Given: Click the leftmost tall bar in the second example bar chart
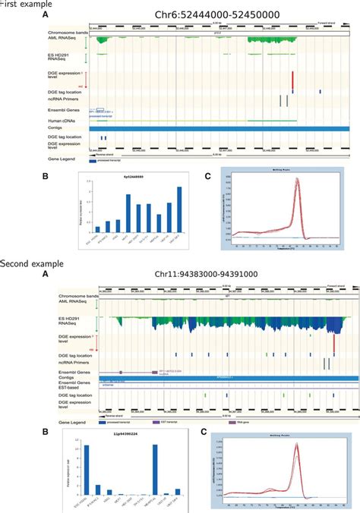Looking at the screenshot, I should coord(86,471).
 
